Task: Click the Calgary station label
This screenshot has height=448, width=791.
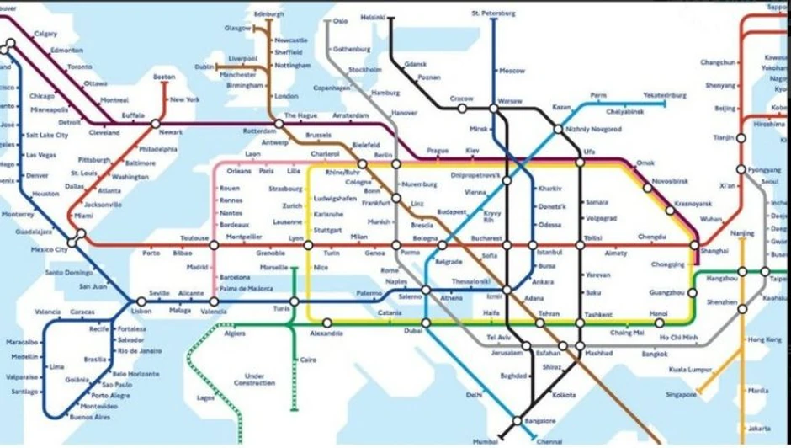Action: coord(45,35)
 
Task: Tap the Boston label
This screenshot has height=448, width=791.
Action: coord(164,77)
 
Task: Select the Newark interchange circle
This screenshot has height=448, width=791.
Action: coord(156,124)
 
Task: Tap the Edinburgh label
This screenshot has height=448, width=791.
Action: coord(268,14)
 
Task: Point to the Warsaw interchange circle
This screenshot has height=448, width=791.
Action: coord(494,109)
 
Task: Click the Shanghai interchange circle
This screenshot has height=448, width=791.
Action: coord(695,245)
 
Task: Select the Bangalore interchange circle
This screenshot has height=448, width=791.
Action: coord(518,421)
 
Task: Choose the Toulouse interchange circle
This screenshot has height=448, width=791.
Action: coord(214,245)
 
